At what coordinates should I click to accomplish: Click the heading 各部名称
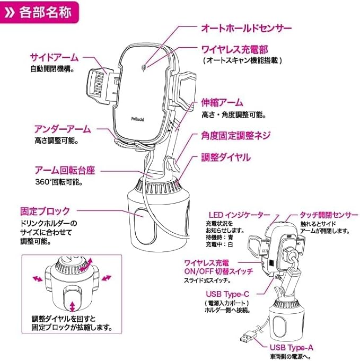pos(45,12)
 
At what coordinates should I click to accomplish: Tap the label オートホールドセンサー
pos(247,28)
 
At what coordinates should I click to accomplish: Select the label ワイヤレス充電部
pos(235,49)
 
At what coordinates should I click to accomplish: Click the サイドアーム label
pos(55,57)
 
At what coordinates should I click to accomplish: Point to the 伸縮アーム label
pos(222,102)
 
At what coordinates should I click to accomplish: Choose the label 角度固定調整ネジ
pos(235,136)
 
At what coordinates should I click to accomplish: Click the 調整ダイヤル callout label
pos(226,157)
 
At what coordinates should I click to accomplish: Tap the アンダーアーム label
pos(63,129)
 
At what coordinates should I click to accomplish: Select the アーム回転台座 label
pos(65,171)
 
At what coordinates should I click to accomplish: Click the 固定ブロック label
pos(45,211)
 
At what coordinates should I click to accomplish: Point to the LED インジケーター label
pos(239,215)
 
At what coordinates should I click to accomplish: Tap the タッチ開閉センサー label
pos(329,215)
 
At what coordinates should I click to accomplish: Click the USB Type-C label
pos(227,294)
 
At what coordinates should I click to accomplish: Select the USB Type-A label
pos(292,347)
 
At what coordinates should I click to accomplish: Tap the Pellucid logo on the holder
pos(138,119)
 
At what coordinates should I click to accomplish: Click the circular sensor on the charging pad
pos(144,68)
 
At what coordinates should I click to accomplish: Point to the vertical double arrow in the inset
pos(73,306)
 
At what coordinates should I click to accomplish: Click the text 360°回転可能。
pos(59,182)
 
